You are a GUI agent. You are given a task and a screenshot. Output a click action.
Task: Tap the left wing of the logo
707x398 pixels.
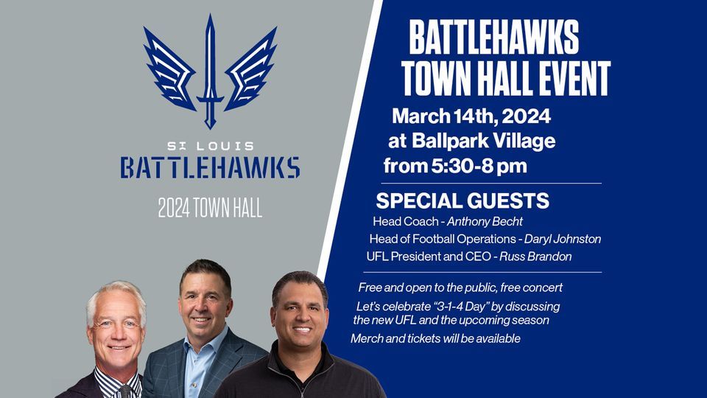click(x=170, y=70)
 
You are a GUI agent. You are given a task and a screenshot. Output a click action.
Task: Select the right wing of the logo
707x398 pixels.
click(x=250, y=70)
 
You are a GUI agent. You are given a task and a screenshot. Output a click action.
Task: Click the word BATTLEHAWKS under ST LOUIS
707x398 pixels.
click(x=210, y=167)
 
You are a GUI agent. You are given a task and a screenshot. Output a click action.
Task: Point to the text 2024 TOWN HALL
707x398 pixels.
click(x=210, y=209)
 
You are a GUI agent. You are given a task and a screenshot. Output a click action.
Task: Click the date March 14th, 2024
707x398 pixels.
click(x=471, y=116)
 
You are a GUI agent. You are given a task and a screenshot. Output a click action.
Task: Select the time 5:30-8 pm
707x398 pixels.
click(x=478, y=166)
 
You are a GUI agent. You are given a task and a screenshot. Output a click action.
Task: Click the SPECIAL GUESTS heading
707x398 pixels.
click(x=462, y=200)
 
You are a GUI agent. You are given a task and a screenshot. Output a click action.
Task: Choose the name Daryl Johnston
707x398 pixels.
click(x=563, y=239)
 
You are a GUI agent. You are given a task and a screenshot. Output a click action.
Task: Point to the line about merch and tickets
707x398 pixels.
click(x=435, y=338)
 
